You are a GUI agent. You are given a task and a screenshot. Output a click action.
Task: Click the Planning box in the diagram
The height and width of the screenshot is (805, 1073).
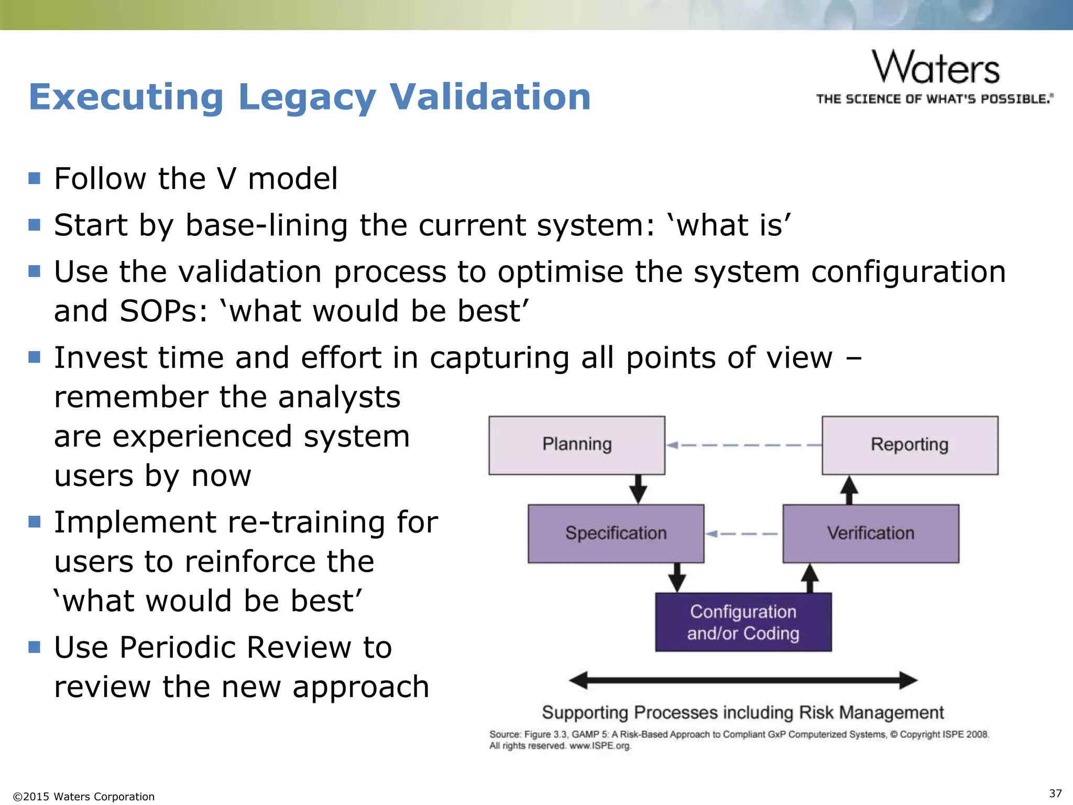577,445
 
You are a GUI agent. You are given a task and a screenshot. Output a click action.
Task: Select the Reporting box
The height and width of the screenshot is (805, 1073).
910,445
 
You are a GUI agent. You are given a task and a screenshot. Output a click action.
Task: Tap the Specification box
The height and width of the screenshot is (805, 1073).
616,534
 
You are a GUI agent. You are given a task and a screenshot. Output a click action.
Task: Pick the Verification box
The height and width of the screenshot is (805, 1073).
871,534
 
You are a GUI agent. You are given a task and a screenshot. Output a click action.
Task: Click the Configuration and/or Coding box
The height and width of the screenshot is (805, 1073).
743,622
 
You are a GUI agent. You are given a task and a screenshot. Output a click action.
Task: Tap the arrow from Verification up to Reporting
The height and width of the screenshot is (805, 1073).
849,490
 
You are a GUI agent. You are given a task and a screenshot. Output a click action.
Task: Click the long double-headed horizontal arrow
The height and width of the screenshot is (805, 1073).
743,680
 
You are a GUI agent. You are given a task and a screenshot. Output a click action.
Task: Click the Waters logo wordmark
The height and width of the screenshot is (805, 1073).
936,68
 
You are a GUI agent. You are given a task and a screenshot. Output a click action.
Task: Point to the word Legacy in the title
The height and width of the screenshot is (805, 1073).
306,97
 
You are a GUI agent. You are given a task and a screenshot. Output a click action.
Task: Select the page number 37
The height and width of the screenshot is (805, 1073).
1055,793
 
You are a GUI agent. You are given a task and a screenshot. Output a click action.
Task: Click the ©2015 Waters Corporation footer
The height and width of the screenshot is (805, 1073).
84,797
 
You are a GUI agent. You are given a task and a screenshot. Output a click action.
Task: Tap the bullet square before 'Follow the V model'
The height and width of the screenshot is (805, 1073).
35,178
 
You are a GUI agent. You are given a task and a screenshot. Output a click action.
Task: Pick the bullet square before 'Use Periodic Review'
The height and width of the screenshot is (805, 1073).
35,647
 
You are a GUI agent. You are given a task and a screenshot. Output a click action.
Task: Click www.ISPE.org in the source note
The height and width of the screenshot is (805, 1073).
600,746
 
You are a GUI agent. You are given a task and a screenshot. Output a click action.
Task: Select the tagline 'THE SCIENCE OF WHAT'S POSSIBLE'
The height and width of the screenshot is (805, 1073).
934,99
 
